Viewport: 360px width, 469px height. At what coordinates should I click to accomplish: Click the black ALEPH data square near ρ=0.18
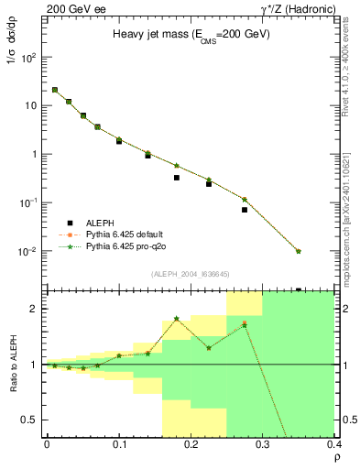coord(177,178)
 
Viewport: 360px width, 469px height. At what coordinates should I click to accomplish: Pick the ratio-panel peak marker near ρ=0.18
coord(177,318)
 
